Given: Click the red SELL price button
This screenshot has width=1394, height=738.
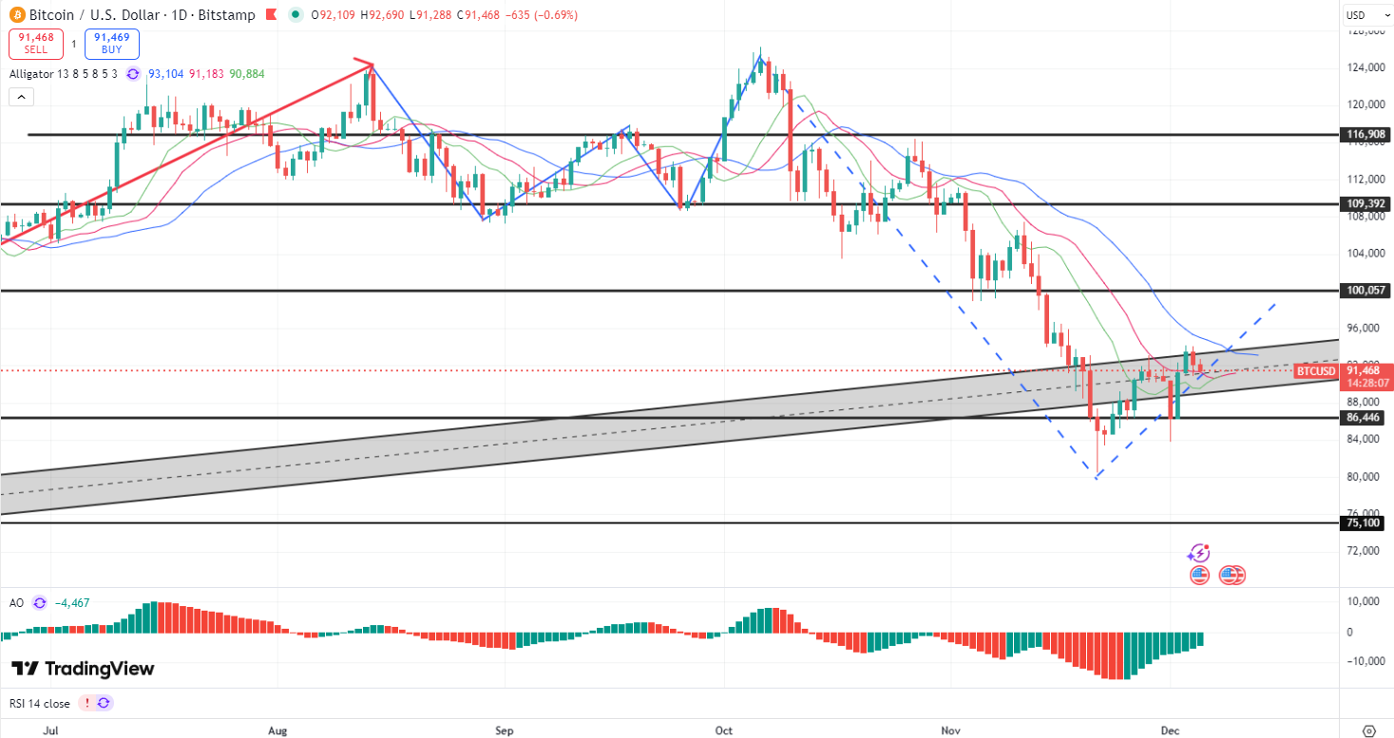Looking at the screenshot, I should click(x=36, y=44).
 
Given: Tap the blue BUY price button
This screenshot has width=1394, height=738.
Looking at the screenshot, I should click(x=111, y=44).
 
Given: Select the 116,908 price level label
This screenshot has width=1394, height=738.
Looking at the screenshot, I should click(x=1365, y=135).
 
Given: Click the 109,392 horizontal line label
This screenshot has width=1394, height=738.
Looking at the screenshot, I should click(x=1365, y=204).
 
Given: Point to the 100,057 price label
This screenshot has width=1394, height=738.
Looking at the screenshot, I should click(x=1365, y=290).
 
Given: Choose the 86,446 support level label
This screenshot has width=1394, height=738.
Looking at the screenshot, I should click(x=1365, y=417).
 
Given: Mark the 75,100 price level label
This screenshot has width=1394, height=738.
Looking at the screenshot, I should click(x=1365, y=522).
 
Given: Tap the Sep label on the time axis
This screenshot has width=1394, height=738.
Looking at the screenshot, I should click(x=504, y=729).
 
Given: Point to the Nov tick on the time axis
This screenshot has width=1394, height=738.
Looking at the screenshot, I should click(x=950, y=729).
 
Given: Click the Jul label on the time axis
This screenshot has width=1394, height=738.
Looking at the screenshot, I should click(x=51, y=729).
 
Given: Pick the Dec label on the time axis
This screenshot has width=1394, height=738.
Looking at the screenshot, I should click(x=1170, y=729).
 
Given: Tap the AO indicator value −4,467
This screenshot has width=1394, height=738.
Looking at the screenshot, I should click(x=72, y=602).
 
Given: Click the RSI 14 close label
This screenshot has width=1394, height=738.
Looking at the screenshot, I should click(x=40, y=704).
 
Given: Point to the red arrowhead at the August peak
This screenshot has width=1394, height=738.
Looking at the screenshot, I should click(x=369, y=65).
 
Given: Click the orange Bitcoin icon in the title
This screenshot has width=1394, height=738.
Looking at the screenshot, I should click(x=18, y=15).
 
